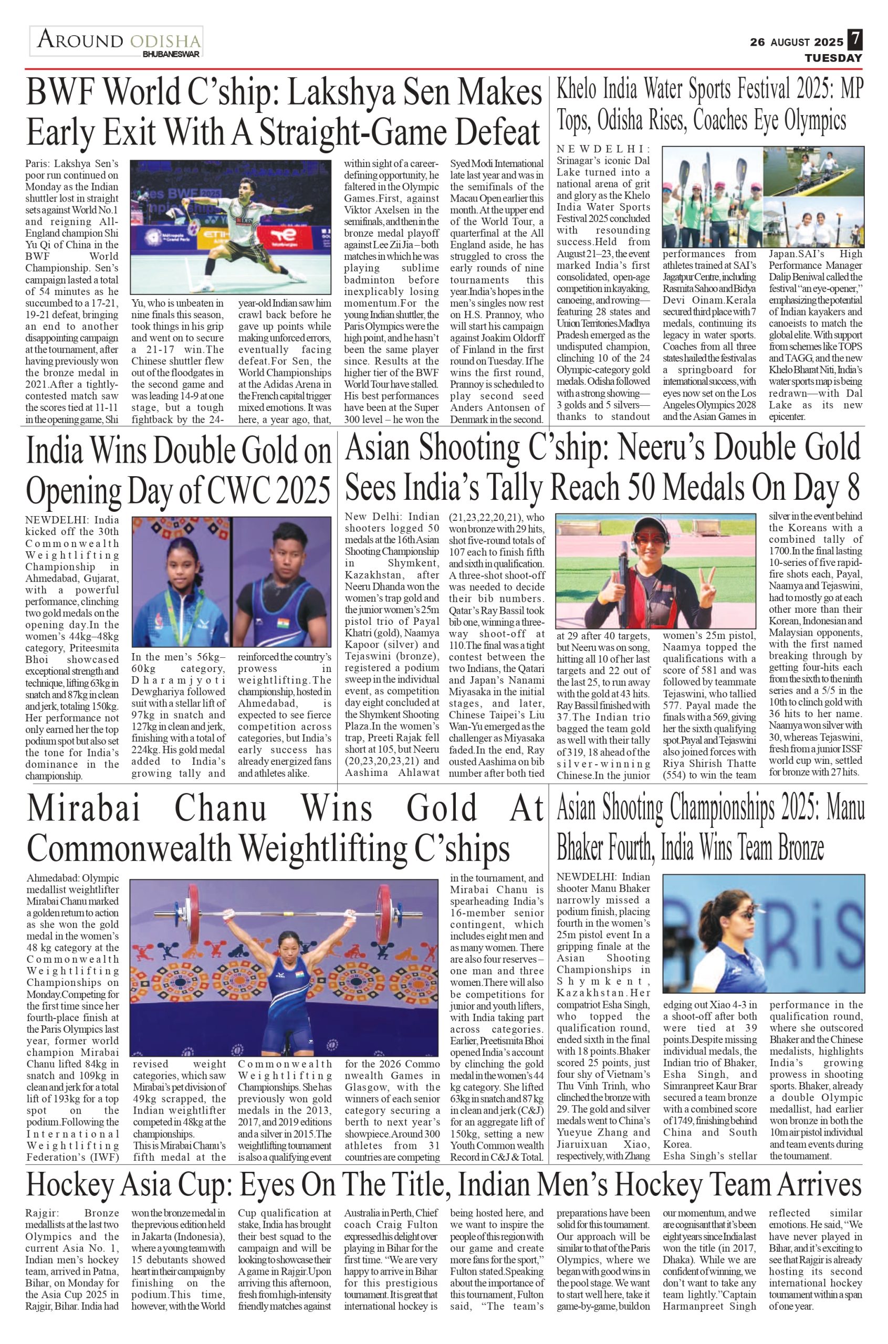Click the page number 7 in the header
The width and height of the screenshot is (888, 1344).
tap(854, 40)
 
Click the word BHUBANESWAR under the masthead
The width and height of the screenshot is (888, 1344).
tap(171, 55)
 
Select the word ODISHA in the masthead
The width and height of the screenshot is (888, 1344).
tap(165, 41)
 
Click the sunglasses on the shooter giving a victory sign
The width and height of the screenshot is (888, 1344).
tap(648, 538)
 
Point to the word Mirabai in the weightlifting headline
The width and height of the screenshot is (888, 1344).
tap(84, 809)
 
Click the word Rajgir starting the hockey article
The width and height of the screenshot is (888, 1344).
tap(40, 1213)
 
